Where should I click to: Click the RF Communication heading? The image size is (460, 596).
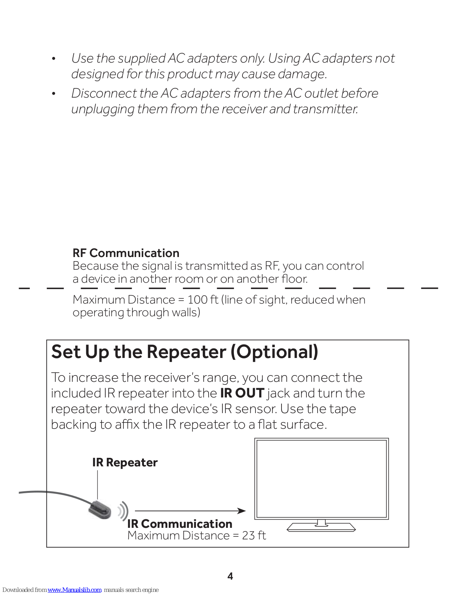126,253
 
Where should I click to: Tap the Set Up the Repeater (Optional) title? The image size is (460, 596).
185,352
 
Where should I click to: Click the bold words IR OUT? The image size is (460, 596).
242,393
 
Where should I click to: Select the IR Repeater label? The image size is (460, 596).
125,463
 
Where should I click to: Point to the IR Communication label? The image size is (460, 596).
180,524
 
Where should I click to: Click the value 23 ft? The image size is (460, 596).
254,536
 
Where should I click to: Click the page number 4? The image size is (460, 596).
230,576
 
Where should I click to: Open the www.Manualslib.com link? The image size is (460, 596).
74,590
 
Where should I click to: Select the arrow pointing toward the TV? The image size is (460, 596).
190,511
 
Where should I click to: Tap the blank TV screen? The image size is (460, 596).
321,479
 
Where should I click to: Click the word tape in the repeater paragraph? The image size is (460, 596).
342,409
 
